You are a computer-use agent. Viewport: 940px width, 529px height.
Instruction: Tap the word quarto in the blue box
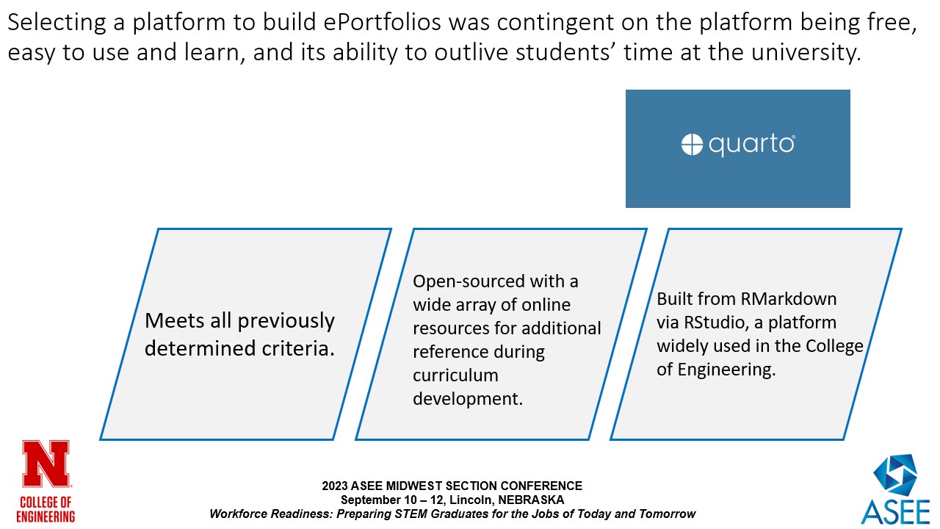751,145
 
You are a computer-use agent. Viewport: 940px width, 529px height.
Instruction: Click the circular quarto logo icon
692,145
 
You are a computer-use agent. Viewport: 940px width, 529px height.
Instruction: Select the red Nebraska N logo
46,464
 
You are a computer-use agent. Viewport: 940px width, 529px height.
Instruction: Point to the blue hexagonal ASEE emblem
895,475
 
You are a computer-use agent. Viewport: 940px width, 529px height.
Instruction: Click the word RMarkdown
789,299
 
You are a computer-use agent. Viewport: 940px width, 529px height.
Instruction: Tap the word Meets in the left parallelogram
174,320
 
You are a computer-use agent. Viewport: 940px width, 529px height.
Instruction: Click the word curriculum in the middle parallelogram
455,375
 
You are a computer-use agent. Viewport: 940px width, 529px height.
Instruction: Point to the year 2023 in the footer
334,486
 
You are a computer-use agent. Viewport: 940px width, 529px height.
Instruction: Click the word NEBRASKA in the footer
531,500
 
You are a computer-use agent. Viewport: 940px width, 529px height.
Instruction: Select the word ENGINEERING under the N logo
46,516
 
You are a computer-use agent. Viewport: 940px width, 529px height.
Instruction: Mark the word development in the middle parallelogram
468,399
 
